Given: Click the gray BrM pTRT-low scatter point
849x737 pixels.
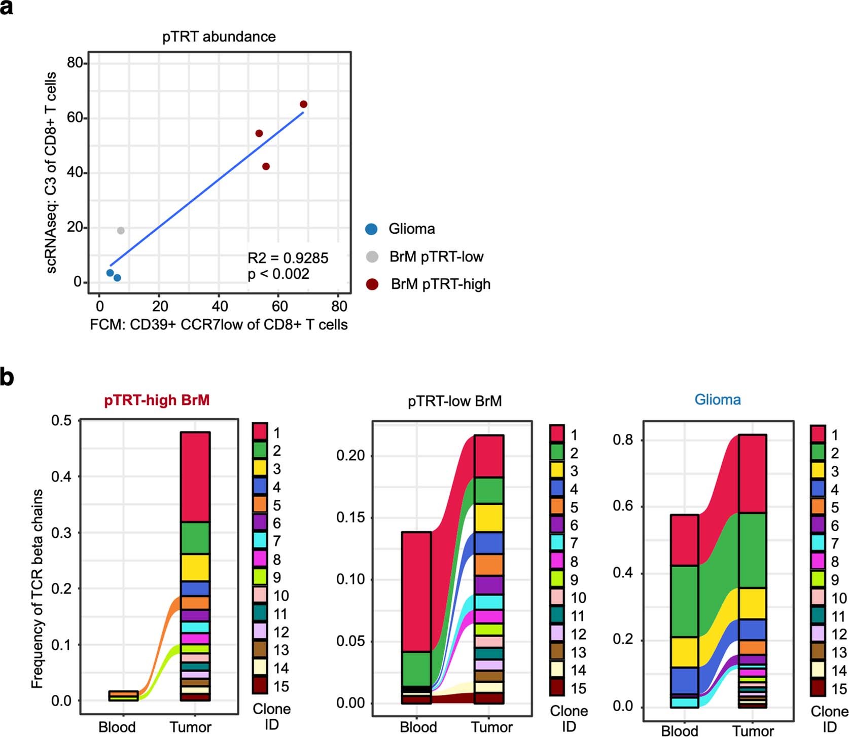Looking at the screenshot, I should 121,231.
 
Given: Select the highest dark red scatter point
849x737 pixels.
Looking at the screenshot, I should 303,104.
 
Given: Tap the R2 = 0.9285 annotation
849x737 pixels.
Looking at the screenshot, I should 288,258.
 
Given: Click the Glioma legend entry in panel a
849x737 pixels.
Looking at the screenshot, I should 411,229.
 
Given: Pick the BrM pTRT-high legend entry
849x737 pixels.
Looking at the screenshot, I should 440,284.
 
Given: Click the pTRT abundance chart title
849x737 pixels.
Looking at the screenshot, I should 219,36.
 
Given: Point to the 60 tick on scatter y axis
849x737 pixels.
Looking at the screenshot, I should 75,118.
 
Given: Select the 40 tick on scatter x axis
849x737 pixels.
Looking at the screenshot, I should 219,306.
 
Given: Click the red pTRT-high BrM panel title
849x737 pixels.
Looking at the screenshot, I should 157,400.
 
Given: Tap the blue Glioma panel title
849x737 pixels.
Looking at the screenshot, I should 717,399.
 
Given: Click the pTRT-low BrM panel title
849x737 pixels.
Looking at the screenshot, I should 454,401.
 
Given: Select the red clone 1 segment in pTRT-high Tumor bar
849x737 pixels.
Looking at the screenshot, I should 195,476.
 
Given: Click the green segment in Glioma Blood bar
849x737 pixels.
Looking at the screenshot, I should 684,601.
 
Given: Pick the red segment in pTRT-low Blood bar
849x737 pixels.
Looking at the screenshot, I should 416,591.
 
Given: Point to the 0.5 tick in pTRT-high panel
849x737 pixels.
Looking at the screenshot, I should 61,420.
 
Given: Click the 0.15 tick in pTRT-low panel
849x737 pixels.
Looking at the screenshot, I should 350,518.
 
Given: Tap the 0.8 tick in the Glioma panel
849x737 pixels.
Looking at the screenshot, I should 623,439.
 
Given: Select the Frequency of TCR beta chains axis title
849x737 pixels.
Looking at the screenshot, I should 37,588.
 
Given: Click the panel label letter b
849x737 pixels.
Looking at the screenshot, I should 7,378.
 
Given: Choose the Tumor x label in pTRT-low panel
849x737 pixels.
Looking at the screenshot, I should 491,727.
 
